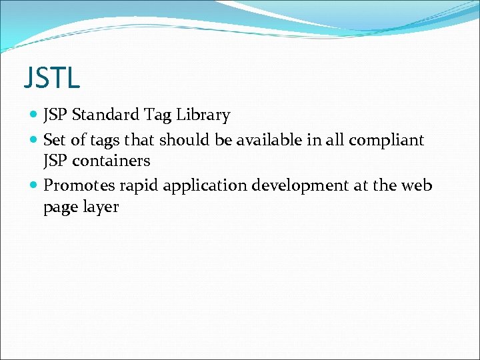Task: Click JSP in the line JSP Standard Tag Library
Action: [55, 115]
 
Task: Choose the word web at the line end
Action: [417, 185]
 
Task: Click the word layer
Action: [100, 207]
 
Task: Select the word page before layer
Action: [59, 208]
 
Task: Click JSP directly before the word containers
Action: [55, 161]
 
